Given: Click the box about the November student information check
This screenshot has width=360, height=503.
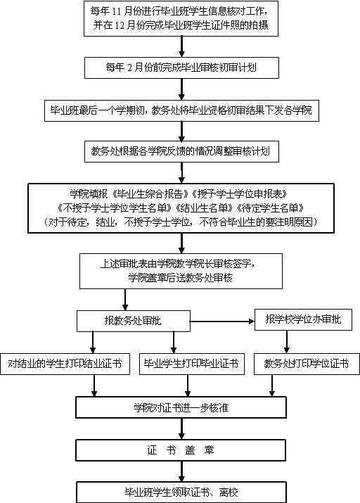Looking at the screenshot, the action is click(x=181, y=18).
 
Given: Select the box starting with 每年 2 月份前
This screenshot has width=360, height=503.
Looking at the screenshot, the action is click(x=181, y=68).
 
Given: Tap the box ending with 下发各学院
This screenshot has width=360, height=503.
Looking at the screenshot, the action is click(x=181, y=110).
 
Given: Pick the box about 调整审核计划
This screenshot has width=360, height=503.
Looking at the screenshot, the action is click(x=181, y=151).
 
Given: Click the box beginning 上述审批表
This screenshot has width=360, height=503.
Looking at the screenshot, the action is click(x=181, y=271).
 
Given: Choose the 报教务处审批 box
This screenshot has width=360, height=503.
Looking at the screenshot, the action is click(x=134, y=321).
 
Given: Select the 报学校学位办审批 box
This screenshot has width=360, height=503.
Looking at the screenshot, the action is click(x=303, y=319).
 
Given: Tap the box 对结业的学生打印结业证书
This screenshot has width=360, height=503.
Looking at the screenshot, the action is click(x=65, y=364).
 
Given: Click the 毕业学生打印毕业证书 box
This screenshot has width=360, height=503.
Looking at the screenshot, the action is click(x=192, y=364).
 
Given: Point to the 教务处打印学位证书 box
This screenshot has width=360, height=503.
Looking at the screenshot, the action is click(x=307, y=364).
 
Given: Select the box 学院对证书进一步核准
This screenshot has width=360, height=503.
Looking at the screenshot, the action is click(x=181, y=407).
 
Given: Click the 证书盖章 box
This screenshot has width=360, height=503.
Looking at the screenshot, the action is click(x=181, y=450).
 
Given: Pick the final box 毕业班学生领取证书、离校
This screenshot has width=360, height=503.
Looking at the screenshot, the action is click(x=181, y=492).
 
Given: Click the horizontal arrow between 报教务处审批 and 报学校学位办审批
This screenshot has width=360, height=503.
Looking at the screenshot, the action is click(x=222, y=321).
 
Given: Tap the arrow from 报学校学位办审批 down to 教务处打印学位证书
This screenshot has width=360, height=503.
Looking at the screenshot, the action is click(x=287, y=342).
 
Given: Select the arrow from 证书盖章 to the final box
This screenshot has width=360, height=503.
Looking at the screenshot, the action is click(x=181, y=471).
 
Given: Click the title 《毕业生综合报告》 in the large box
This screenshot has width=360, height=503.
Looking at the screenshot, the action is click(x=153, y=193).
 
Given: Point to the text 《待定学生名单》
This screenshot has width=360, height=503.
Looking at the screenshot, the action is click(x=270, y=208).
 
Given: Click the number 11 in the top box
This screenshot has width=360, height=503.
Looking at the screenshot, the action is click(x=116, y=11).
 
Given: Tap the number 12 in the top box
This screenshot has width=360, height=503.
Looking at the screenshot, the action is click(x=120, y=25).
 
